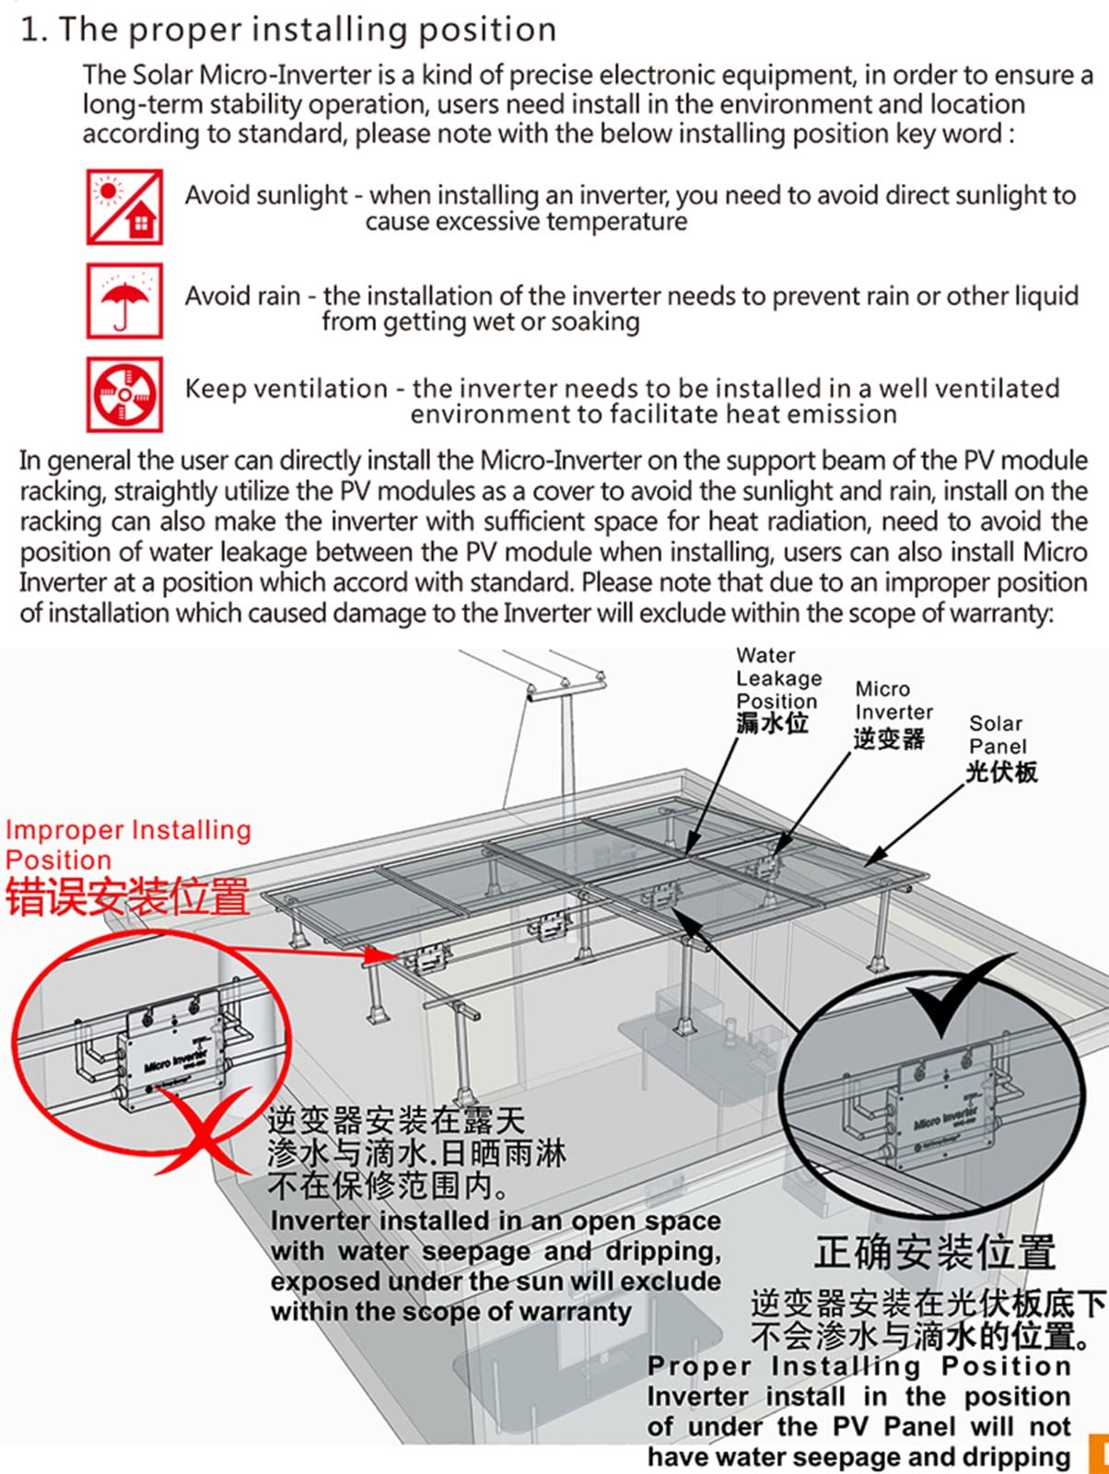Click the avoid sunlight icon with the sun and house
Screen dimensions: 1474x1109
pyautogui.click(x=124, y=207)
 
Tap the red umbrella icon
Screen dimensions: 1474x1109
pyautogui.click(x=124, y=300)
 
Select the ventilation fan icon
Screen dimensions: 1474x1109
pyautogui.click(x=124, y=394)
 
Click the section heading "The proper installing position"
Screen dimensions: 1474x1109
pyautogui.click(x=308, y=29)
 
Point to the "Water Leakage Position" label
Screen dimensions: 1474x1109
pyautogui.click(x=777, y=678)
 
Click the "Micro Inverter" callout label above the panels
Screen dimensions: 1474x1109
pyautogui.click(x=893, y=701)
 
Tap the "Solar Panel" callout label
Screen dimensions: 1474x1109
pyautogui.click(x=998, y=735)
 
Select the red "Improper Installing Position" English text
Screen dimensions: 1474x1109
pyautogui.click(x=127, y=845)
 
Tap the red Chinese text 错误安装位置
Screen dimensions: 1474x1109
pyautogui.click(x=127, y=896)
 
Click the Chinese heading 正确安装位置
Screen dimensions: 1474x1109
pyautogui.click(x=935, y=1253)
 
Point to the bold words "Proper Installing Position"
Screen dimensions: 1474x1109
pyautogui.click(x=858, y=1366)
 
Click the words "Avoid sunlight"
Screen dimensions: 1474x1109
pyautogui.click(x=266, y=195)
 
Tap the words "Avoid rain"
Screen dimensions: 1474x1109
pyautogui.click(x=242, y=296)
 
